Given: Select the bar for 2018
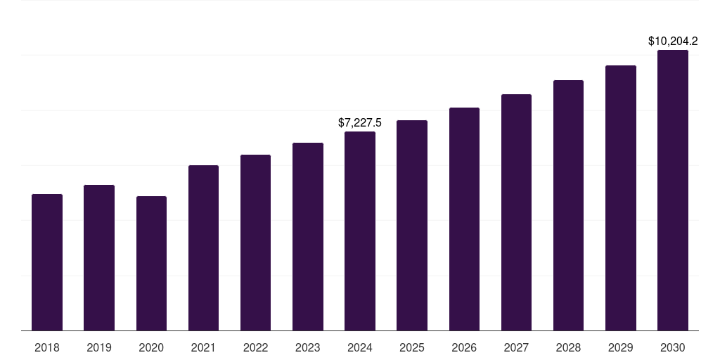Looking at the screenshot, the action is [47, 262].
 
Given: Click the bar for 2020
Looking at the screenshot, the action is [152, 264].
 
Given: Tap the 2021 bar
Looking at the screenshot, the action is [203, 248].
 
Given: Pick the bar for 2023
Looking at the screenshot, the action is [308, 237].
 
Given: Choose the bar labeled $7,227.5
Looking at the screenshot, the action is [360, 231].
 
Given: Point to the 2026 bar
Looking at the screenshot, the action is [464, 219].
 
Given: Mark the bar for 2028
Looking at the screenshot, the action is [568, 205].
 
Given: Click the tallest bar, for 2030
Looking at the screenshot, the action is [673, 190].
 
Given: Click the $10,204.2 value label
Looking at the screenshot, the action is [673, 41].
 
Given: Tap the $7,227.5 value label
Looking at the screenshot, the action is [360, 122].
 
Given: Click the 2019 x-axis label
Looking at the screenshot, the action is [99, 347].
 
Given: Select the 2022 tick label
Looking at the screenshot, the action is [255, 347].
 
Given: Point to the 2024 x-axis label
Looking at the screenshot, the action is [360, 347].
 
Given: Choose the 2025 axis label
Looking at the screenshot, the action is [412, 347].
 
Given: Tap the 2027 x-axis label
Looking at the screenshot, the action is [516, 347].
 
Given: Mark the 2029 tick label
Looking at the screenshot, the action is [620, 347].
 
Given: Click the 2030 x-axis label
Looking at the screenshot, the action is [673, 347].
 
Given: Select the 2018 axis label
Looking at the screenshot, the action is [47, 347].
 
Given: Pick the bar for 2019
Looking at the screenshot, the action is [99, 257].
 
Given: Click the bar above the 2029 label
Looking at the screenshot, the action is [620, 198].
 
